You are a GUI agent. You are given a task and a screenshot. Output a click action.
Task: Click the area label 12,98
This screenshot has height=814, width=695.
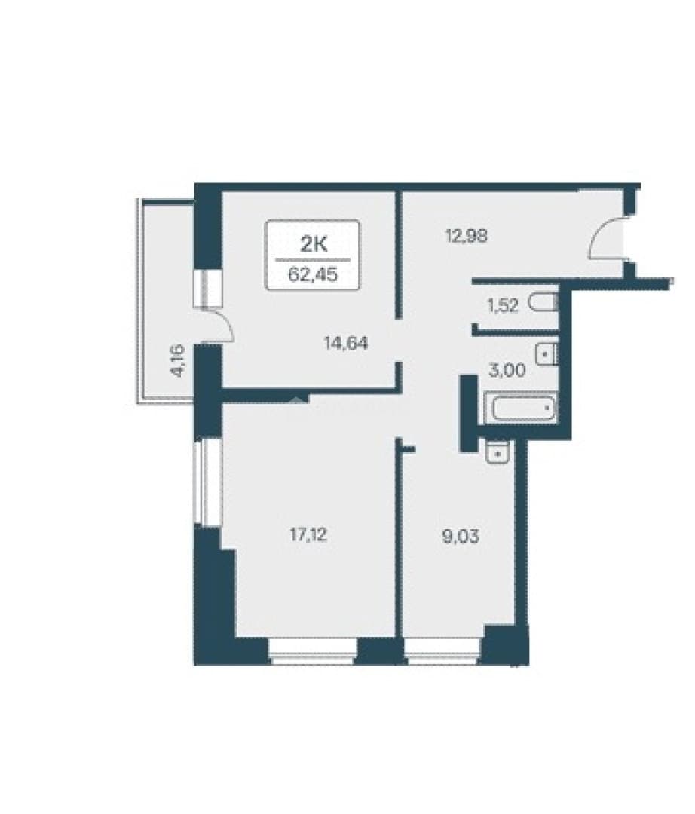(x=467, y=236)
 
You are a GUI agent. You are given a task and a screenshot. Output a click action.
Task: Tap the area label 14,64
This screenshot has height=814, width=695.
(x=346, y=343)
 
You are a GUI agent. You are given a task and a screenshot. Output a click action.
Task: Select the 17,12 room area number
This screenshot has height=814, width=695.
(x=308, y=534)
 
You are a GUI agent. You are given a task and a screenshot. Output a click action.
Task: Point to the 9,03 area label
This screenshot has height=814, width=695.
(x=461, y=537)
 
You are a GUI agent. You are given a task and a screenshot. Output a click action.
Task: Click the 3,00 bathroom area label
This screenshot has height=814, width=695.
(x=507, y=370)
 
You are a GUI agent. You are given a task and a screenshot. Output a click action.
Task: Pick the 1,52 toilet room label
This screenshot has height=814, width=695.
(x=503, y=305)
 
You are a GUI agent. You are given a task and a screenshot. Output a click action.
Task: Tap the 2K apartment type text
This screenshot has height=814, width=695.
(x=314, y=244)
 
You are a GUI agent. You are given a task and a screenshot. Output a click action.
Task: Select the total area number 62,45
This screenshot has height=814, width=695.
(x=313, y=274)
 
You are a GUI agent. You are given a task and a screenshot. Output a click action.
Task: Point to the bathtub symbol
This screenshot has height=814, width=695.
(x=521, y=409)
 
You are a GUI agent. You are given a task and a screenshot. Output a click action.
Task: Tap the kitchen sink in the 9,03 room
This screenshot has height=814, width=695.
(x=498, y=451)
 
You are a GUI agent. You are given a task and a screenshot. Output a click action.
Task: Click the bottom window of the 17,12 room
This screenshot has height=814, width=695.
(x=313, y=651)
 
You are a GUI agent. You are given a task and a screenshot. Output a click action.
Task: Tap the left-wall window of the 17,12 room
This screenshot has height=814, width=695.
(x=207, y=483)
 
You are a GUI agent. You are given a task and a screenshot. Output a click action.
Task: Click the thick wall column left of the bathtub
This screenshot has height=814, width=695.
(x=469, y=413)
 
